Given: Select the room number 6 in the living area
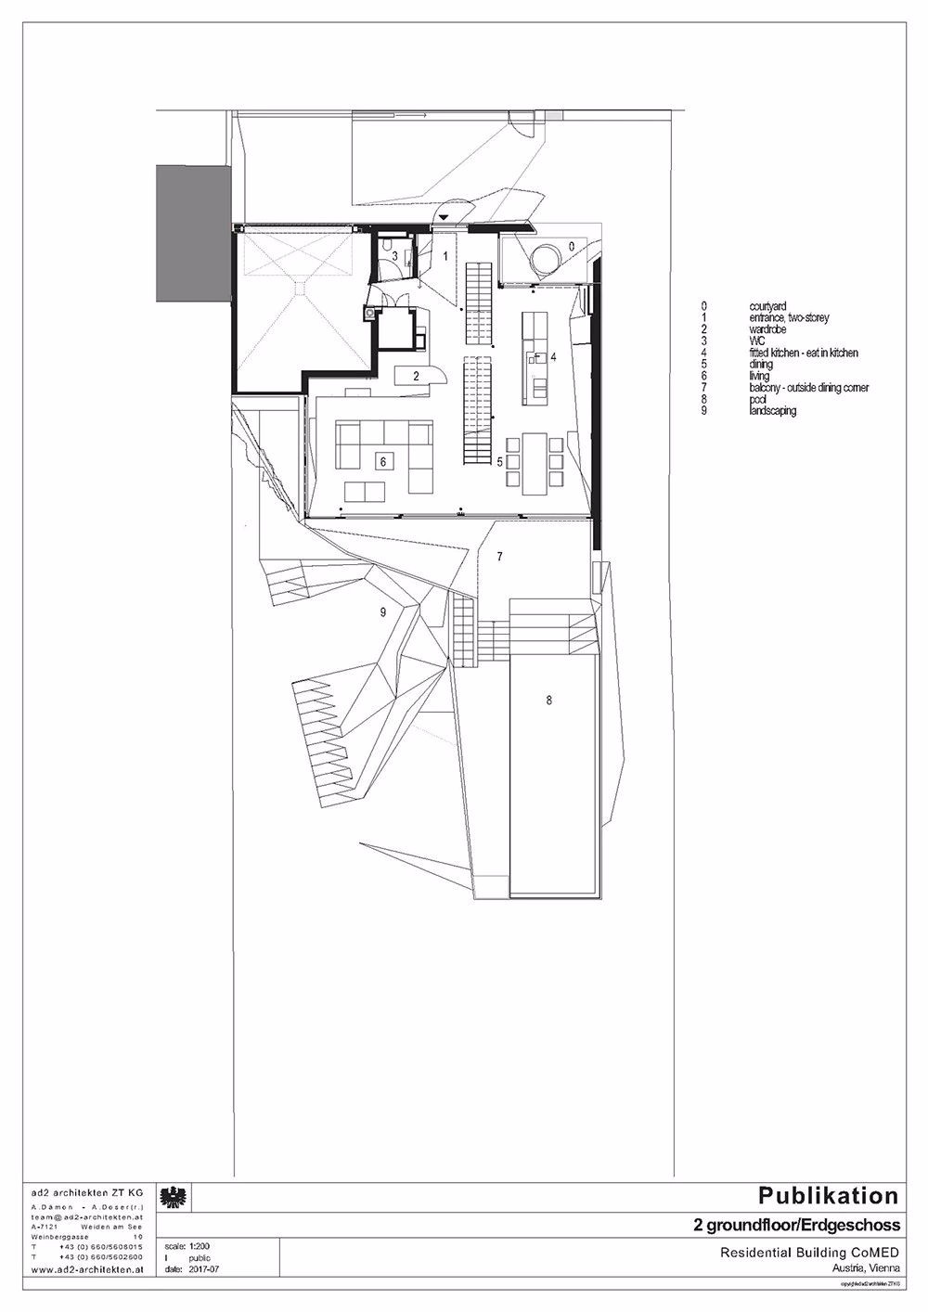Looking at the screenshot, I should click(x=380, y=460).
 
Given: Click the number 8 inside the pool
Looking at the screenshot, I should click(x=548, y=701).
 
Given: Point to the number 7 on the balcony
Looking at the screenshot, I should click(x=499, y=557).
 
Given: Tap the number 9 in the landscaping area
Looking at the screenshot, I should click(x=382, y=612).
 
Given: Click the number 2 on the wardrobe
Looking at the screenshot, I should click(x=418, y=376).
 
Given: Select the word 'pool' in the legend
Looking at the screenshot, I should click(x=758, y=399).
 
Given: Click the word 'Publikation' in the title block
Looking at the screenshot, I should click(x=829, y=1195).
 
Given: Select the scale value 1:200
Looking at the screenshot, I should click(x=200, y=1248).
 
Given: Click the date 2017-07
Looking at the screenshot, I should click(x=201, y=1268).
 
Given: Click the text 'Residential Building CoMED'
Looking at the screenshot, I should click(x=810, y=1252).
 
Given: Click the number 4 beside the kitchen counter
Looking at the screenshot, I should click(x=552, y=356).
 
